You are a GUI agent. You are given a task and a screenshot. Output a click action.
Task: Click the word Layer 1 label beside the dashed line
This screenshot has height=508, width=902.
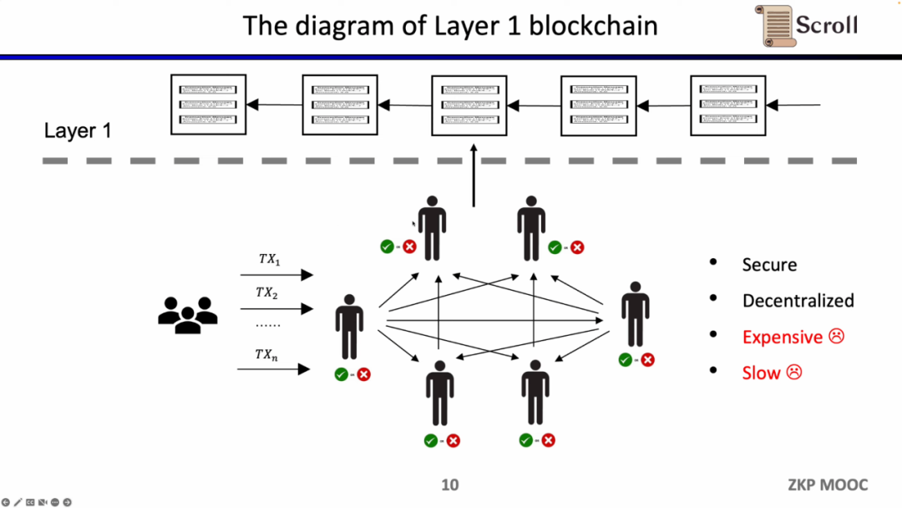coord(78,131)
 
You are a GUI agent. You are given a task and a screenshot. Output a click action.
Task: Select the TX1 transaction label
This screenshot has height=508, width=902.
coord(269,260)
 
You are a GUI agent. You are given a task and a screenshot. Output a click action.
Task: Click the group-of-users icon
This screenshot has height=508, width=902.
coord(187,315)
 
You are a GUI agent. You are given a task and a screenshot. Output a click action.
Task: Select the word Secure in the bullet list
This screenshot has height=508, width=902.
coord(769,265)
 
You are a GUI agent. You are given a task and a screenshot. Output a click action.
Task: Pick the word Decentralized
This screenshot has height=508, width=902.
coord(798,301)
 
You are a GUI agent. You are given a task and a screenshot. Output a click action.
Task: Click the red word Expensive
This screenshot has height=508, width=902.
coord(782,337)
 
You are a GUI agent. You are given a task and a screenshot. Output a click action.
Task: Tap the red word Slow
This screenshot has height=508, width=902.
coord(761,373)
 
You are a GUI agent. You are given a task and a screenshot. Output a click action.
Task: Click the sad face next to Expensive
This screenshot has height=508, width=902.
coord(836,336)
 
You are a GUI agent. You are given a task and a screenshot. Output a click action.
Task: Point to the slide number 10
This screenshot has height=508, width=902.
coord(449,485)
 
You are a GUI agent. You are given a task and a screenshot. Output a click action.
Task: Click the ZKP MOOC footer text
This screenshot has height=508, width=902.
coord(827,485)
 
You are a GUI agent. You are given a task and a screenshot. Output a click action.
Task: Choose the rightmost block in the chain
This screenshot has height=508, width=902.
coord(728,104)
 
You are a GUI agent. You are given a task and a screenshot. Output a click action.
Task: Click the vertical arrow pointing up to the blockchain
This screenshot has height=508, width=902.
coord(474,177)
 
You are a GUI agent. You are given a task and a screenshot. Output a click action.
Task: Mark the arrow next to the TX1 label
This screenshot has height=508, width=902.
coord(276,275)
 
